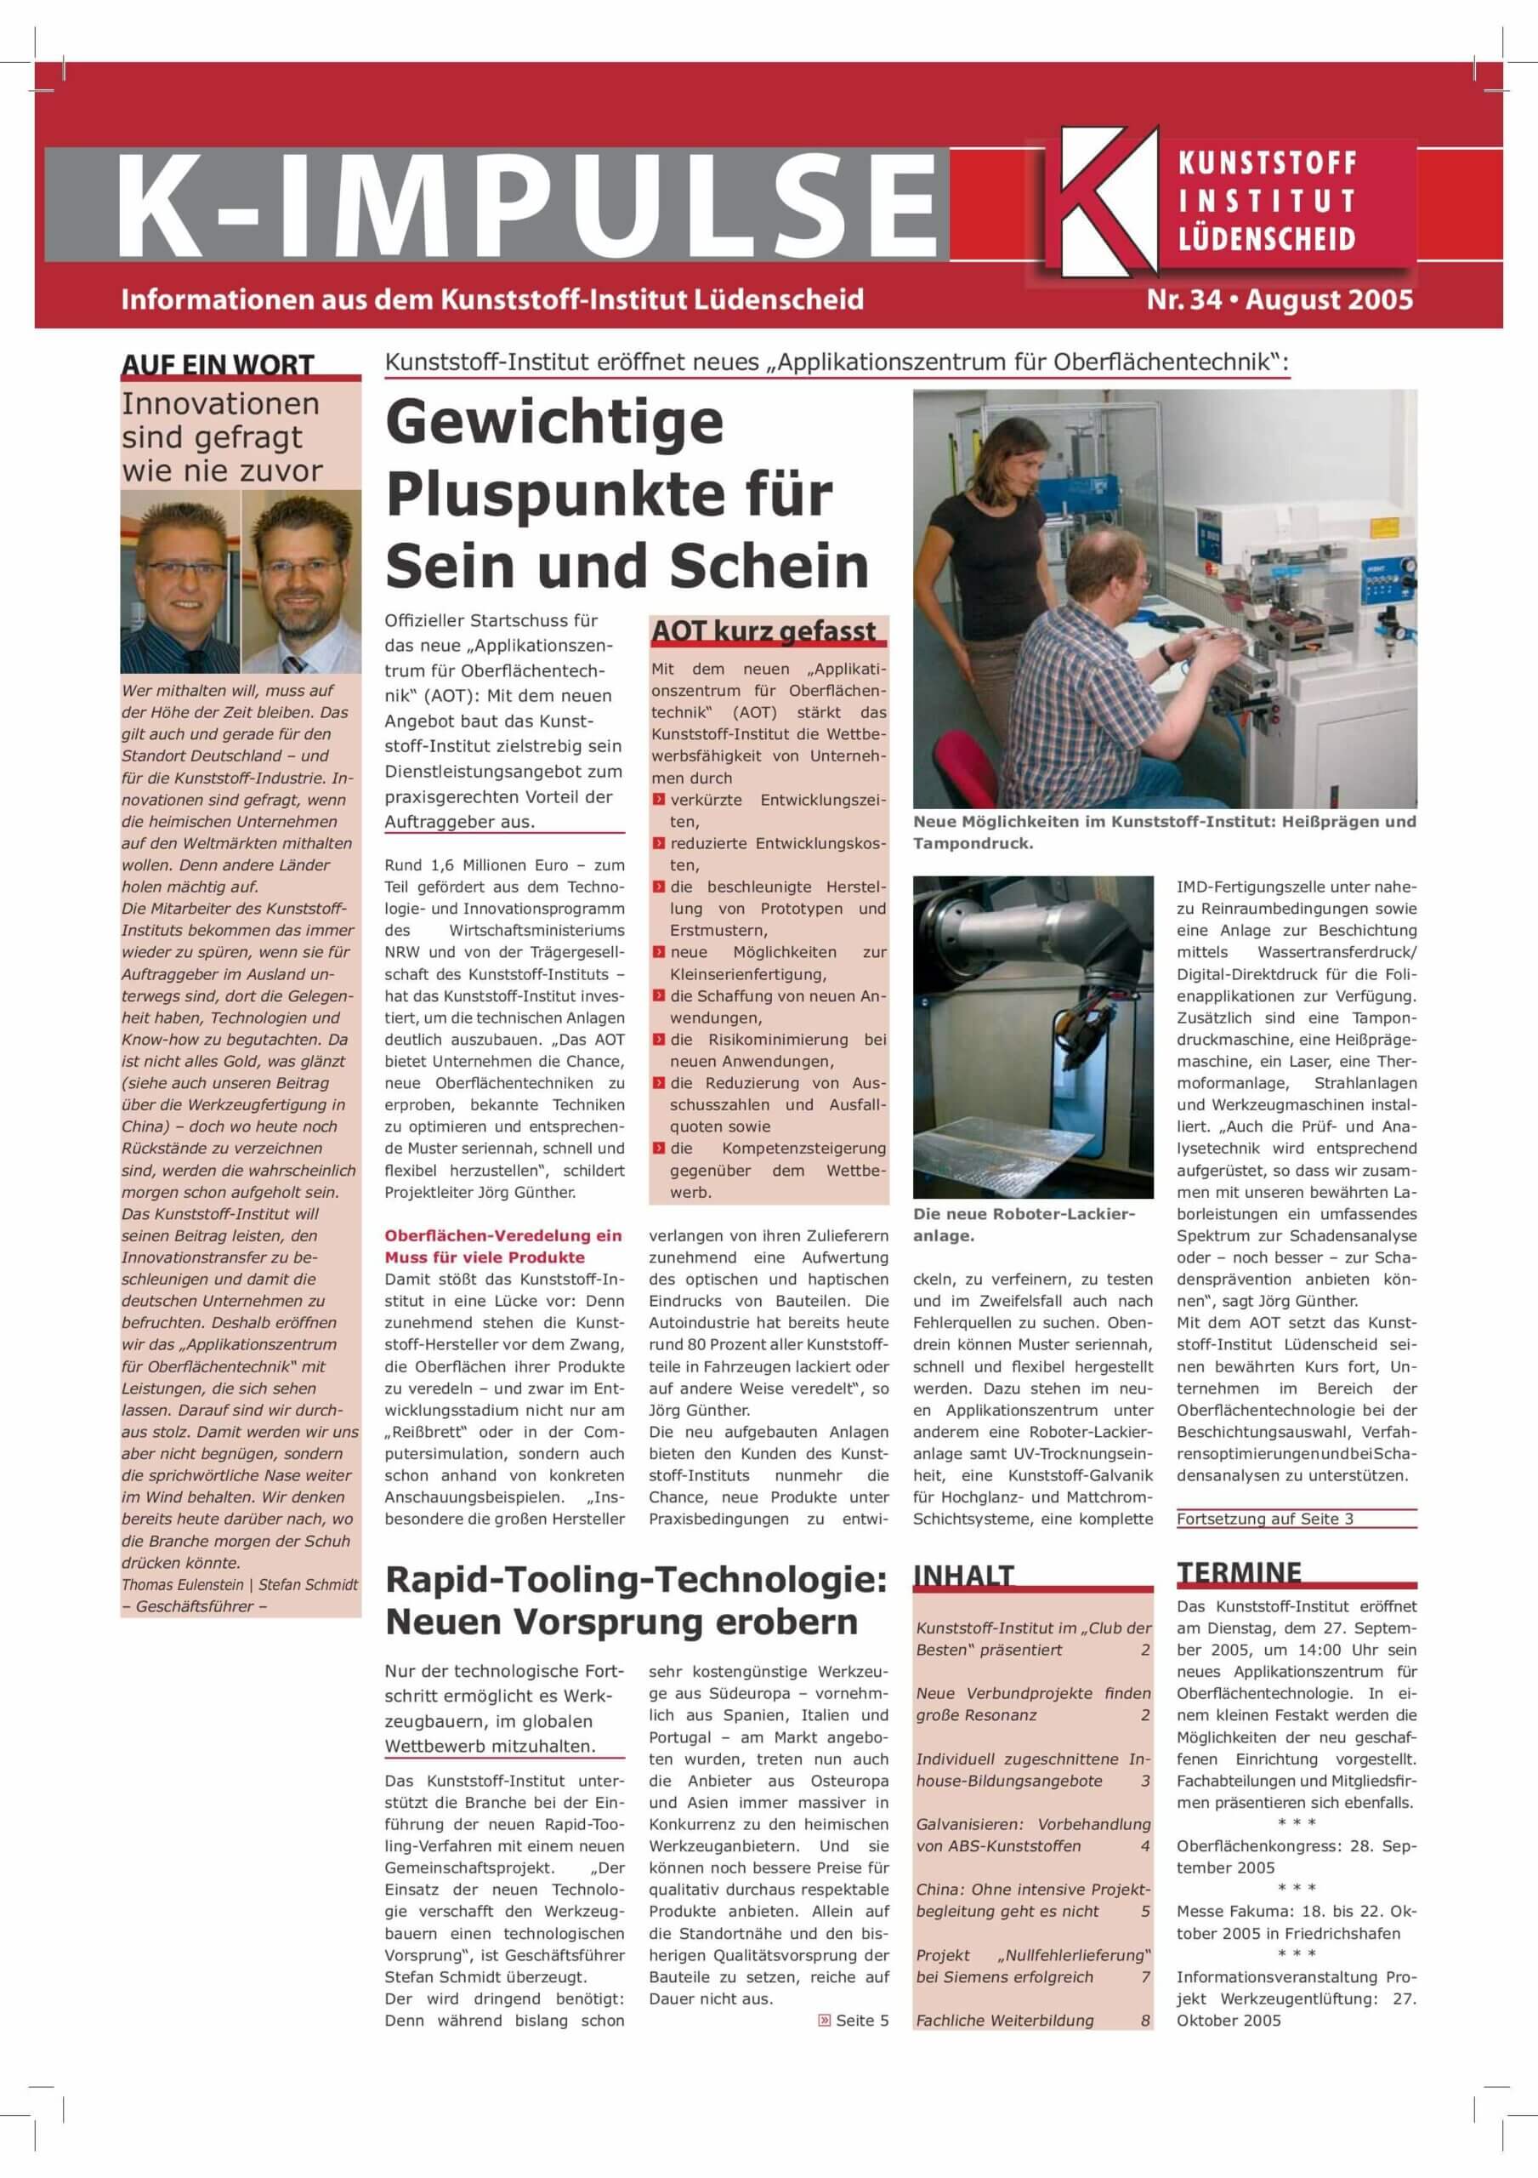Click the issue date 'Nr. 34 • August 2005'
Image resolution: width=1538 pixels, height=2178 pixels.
(1280, 299)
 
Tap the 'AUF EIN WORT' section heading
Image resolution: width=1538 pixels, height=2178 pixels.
(217, 365)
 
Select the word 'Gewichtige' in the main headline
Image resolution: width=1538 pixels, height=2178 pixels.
(554, 422)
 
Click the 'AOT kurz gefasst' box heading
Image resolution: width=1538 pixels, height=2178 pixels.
(763, 630)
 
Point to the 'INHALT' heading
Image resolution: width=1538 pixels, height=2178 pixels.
(963, 1576)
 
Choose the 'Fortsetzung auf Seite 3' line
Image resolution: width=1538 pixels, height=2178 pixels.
(1265, 1519)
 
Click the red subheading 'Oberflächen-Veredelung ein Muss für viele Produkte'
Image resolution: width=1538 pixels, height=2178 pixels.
(502, 1246)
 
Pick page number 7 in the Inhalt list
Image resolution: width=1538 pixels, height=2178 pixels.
(1145, 1977)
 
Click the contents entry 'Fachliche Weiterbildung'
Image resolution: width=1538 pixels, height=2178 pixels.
(1004, 2021)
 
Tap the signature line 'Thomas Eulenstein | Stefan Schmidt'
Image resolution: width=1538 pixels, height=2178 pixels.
(240, 1584)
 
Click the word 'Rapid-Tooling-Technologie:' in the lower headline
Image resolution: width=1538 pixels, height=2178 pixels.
(635, 1579)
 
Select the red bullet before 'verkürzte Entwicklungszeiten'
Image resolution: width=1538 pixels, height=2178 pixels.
(659, 800)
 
